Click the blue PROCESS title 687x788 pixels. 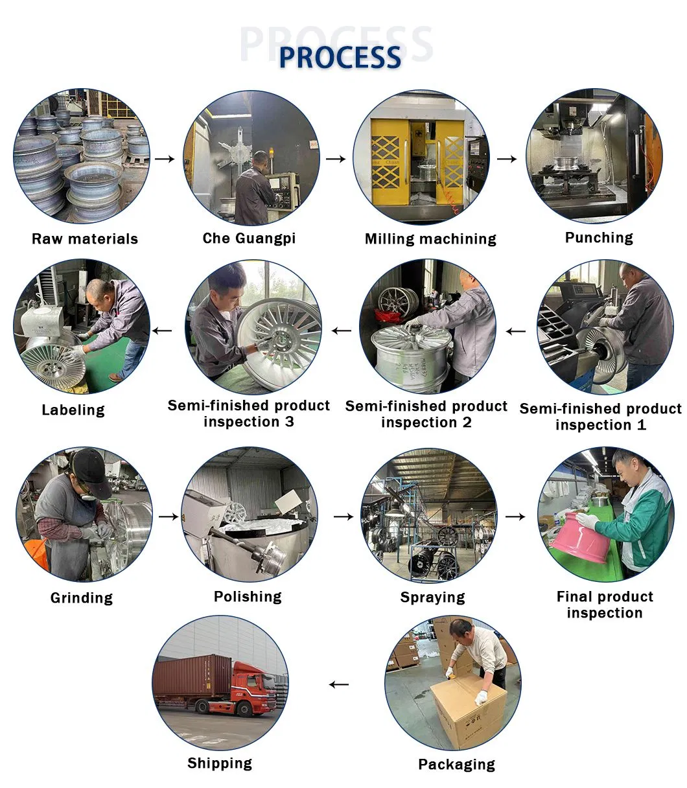tap(340, 57)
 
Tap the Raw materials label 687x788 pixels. tap(85, 239)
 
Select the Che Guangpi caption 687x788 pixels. tap(249, 238)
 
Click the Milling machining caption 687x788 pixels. tap(430, 239)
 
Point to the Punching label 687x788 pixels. tap(599, 238)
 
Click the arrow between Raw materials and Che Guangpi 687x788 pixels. tap(166, 159)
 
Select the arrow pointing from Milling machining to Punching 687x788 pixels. tap(507, 159)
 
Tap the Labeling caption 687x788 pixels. tap(73, 410)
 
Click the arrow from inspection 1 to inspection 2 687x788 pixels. tap(516, 331)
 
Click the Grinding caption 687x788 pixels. tap(82, 597)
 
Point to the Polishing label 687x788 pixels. tap(248, 597)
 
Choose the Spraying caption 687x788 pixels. tap(432, 597)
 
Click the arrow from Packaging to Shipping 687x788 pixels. tap(338, 684)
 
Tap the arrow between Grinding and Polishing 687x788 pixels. tap(169, 516)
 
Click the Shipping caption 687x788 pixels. tap(220, 763)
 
